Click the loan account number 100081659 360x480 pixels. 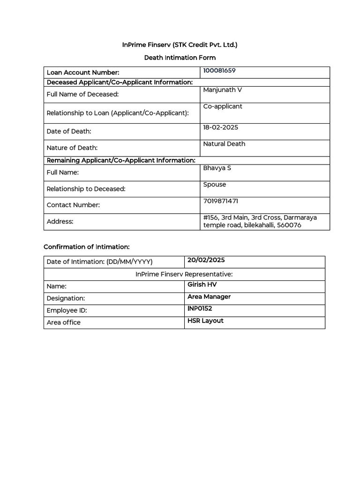219,71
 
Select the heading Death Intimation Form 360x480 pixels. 180,58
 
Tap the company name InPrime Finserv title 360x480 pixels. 180,45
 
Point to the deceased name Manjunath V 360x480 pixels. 222,90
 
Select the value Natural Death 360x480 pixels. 224,144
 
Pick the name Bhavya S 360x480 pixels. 217,168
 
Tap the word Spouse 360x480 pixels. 215,185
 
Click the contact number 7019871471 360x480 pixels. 220,201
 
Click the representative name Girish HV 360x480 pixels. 202,285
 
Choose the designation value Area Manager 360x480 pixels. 209,297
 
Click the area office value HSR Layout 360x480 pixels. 205,321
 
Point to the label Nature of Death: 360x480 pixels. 72,148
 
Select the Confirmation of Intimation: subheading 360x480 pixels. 86,247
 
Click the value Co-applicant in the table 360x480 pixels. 223,106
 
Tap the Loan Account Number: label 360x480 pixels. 83,73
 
